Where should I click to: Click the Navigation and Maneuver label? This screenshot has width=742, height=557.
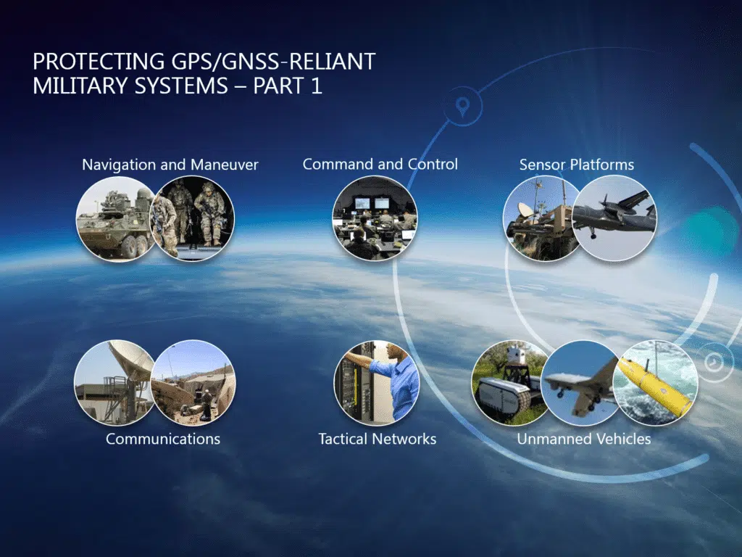[170, 165]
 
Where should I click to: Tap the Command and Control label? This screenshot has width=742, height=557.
[380, 164]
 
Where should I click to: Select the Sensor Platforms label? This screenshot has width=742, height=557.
[576, 165]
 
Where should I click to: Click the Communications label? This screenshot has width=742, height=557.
[163, 439]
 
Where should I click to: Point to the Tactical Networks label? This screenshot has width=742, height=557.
[377, 439]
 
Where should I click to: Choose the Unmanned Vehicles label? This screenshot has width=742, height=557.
[583, 439]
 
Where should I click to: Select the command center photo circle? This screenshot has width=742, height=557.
[375, 218]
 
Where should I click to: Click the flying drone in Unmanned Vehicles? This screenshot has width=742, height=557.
[580, 382]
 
